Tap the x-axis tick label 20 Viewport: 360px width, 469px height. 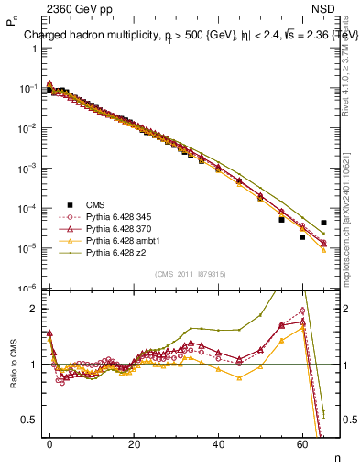tap(134, 443)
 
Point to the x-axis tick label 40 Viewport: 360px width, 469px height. tap(218, 443)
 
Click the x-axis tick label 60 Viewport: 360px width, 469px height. tap(302, 443)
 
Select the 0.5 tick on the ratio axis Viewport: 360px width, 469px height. tap(29, 420)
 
